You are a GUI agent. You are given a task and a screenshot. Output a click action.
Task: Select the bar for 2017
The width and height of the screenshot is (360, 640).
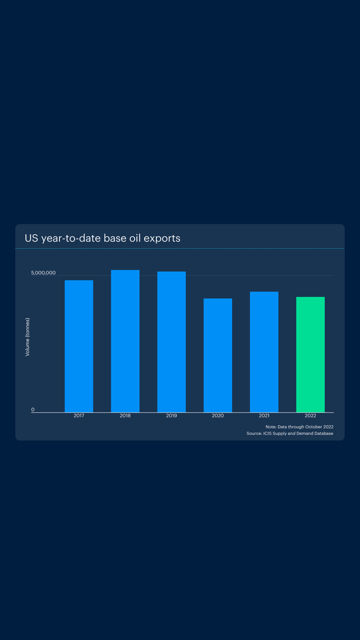click(79, 346)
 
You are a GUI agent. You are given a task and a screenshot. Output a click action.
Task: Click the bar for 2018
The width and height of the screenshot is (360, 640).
click(125, 341)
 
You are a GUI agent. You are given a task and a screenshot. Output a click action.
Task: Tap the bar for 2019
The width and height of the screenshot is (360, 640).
click(171, 342)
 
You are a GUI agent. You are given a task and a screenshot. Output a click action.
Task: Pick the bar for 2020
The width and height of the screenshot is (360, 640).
click(218, 355)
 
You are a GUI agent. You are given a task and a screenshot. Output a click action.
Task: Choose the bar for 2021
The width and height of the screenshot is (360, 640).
click(264, 352)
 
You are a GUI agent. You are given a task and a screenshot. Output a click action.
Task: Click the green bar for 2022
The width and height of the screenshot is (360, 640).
click(310, 354)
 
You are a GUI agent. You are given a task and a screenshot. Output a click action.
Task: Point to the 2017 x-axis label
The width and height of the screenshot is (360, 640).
click(79, 416)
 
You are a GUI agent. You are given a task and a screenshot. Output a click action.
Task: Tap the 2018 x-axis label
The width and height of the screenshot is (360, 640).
click(125, 416)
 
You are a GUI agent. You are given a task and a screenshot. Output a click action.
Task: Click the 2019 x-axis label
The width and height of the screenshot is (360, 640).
click(171, 416)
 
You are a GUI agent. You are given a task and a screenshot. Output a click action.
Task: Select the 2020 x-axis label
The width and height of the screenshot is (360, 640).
click(218, 416)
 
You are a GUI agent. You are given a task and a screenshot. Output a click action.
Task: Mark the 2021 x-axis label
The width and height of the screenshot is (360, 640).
click(264, 416)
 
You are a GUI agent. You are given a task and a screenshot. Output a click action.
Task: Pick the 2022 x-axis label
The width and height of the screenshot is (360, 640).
click(310, 416)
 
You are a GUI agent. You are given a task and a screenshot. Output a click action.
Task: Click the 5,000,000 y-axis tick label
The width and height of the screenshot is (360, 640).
click(43, 273)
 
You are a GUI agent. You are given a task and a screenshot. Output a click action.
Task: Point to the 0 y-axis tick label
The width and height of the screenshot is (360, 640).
click(33, 410)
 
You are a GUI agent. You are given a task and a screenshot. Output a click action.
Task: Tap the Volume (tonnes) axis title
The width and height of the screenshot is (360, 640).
click(27, 337)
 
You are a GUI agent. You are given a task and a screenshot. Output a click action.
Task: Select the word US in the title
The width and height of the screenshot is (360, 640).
click(31, 238)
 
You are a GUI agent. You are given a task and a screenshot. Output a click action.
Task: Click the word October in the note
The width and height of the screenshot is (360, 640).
click(313, 427)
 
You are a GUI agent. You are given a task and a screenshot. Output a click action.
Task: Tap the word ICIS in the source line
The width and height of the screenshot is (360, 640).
click(268, 434)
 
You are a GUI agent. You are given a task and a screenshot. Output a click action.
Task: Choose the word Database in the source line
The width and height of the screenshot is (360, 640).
click(323, 434)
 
